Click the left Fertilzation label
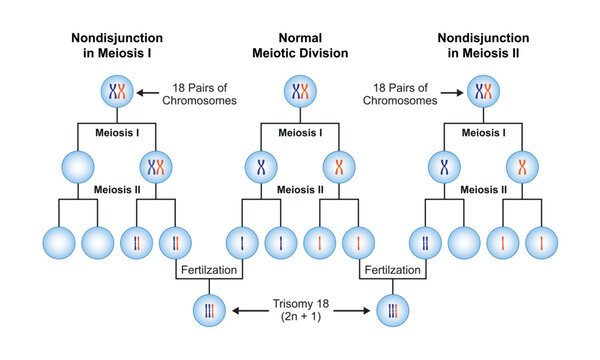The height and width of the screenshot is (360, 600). coord(207,270)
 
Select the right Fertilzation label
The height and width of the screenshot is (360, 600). coord(391,270)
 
